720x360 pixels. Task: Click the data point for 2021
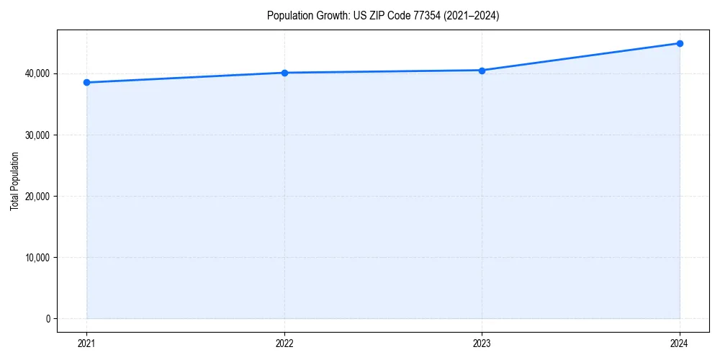click(86, 82)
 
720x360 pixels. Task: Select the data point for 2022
click(284, 73)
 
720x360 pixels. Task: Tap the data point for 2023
click(482, 70)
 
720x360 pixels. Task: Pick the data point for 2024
click(680, 43)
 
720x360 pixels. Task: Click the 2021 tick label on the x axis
click(86, 343)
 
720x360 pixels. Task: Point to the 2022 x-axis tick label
click(284, 343)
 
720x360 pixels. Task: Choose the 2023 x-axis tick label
click(482, 343)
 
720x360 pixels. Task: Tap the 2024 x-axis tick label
click(680, 343)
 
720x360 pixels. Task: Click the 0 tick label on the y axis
click(47, 318)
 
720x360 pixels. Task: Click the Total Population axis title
click(14, 181)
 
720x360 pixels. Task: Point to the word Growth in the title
click(328, 16)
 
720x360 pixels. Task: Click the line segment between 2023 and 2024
click(581, 57)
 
